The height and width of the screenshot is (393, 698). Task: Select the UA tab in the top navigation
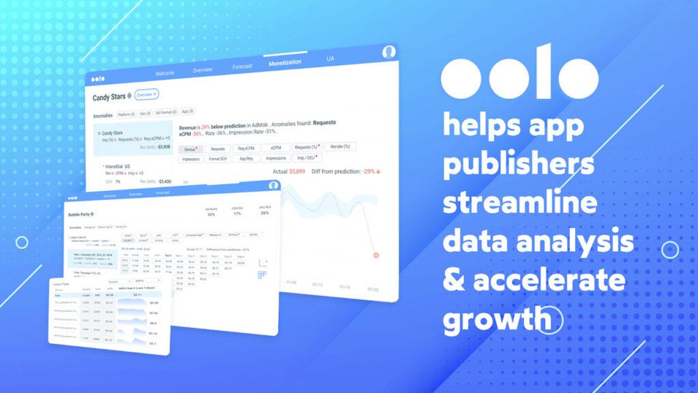[x=331, y=59]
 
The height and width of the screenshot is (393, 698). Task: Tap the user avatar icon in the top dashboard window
[x=389, y=53]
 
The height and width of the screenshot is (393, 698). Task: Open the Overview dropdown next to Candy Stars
[x=147, y=94]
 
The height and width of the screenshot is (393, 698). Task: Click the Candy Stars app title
[x=109, y=98]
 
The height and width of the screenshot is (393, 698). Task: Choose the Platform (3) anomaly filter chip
[x=126, y=113]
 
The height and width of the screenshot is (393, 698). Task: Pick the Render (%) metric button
[x=337, y=147]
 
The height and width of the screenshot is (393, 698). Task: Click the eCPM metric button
[x=276, y=147]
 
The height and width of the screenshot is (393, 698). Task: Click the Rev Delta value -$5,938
[x=163, y=146]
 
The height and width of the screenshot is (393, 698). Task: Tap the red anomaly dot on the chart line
[x=376, y=255]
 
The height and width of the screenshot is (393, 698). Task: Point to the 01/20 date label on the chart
[x=374, y=289]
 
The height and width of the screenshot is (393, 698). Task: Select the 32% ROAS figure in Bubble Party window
[x=211, y=213]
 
